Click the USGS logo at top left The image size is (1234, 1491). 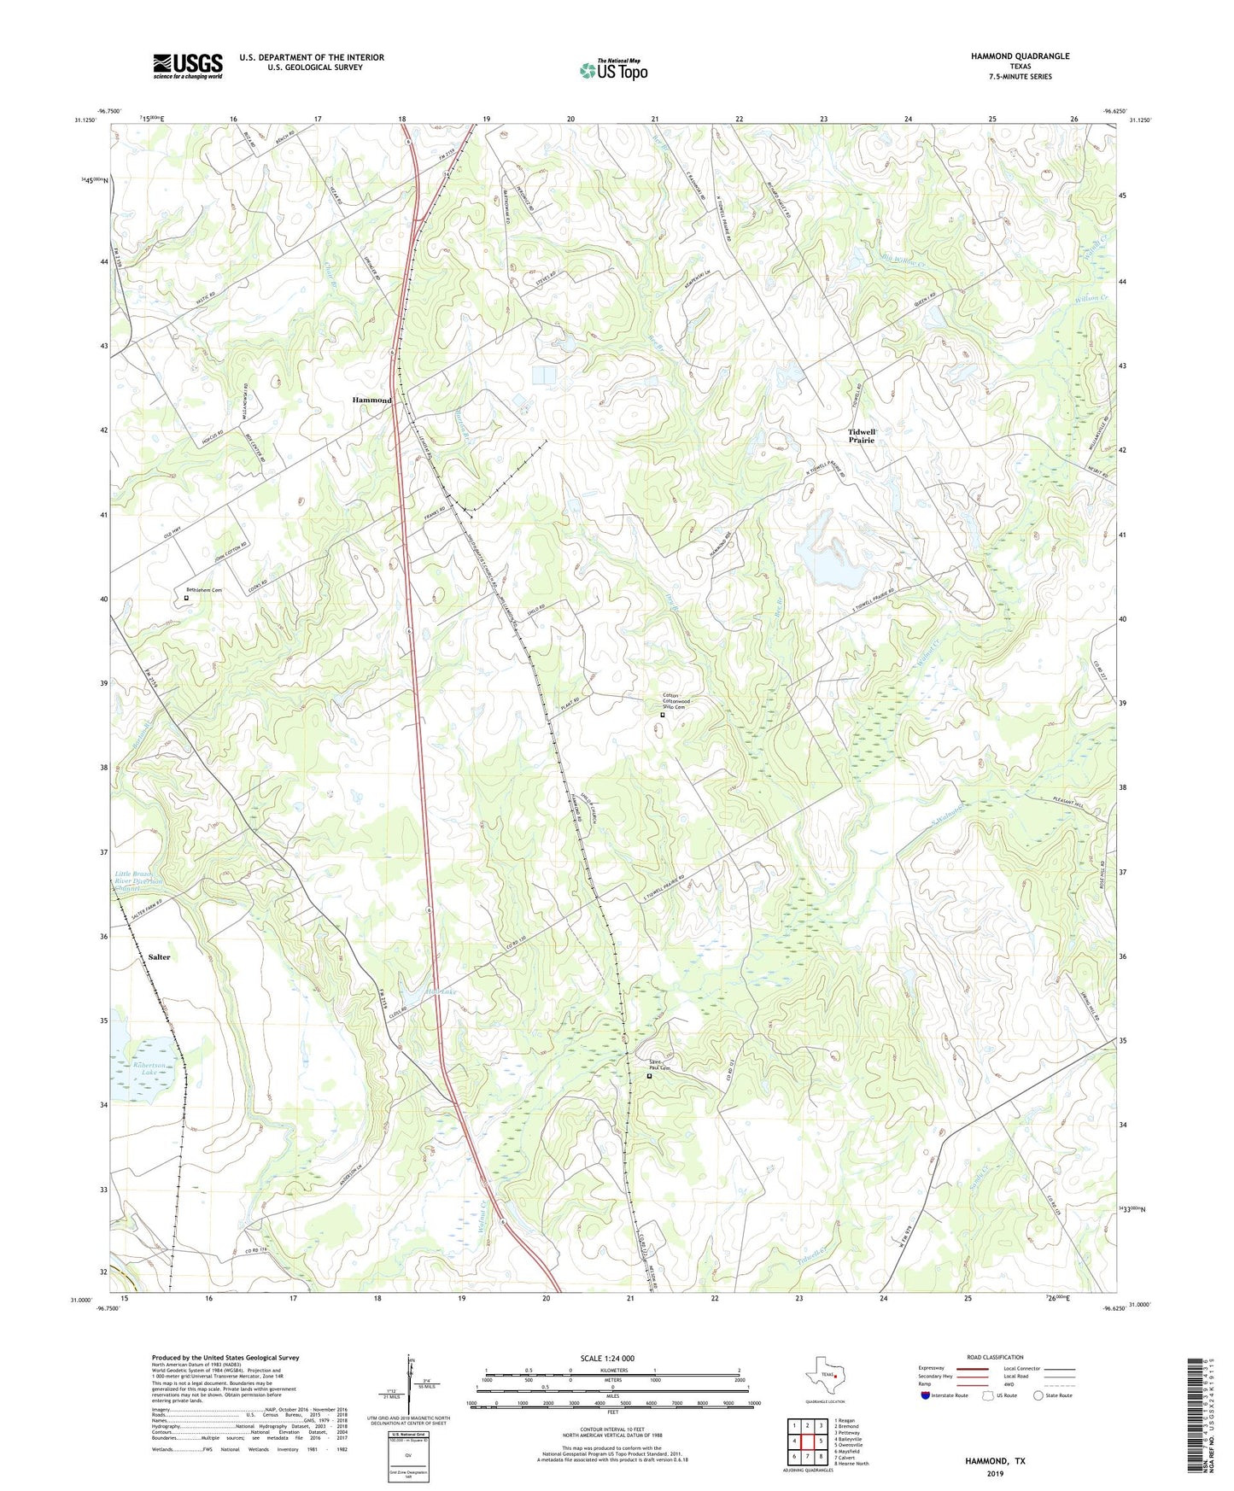188,66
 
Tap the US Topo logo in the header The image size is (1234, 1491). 613,70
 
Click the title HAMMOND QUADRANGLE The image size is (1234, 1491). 1020,56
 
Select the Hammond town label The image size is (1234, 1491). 372,400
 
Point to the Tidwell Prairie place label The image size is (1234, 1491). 861,436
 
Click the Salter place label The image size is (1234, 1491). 159,957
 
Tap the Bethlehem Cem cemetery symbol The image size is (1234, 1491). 186,598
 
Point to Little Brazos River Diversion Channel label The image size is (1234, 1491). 139,880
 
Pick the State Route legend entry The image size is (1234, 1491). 1052,1395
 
